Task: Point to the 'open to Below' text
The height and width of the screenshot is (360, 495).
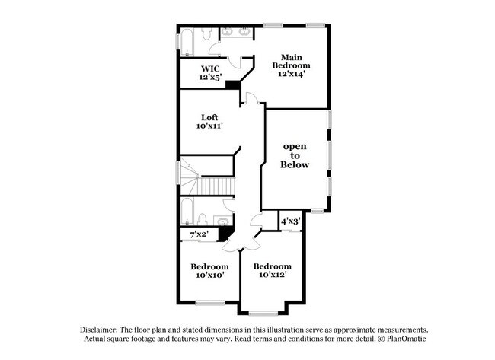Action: pos(295,155)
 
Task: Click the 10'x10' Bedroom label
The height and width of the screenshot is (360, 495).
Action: pos(209,271)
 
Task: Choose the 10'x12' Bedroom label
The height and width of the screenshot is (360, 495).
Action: pos(273,271)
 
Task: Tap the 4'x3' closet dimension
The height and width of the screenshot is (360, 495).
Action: pos(290,221)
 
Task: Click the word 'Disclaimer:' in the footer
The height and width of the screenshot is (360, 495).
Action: pos(102,328)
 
